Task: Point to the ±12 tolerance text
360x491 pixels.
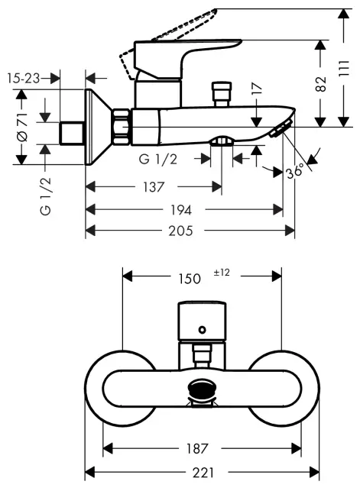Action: (x=222, y=273)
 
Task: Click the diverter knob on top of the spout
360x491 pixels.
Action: (x=223, y=92)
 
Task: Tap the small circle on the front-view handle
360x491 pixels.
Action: (x=202, y=330)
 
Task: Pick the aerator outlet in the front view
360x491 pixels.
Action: (x=202, y=387)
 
